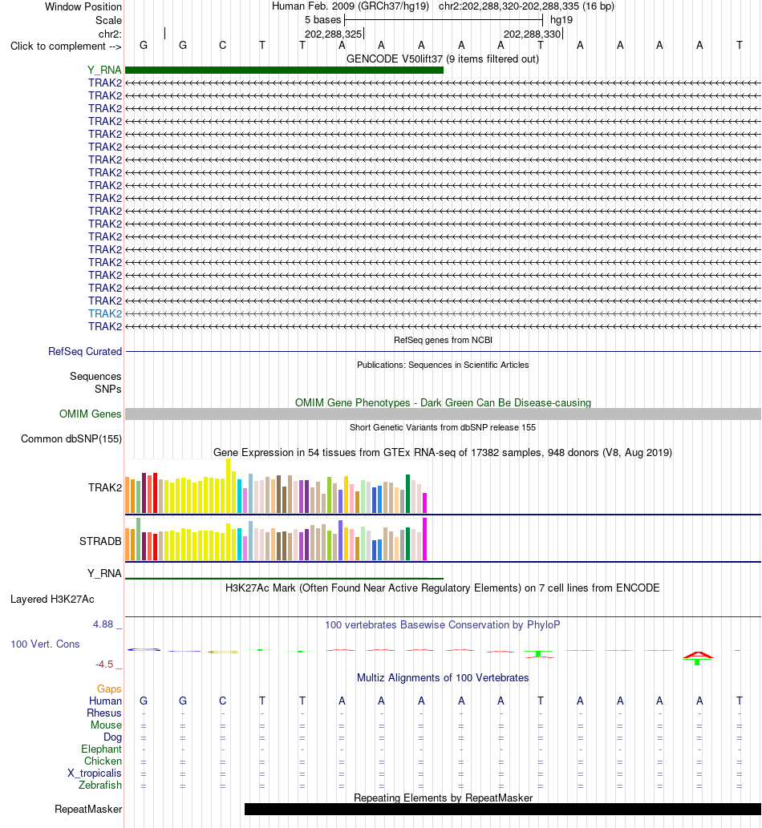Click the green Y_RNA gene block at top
point(284,71)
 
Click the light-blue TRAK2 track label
point(104,313)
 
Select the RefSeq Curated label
point(85,352)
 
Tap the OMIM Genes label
point(91,414)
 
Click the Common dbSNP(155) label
point(71,438)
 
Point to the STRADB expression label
point(100,541)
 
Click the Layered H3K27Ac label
point(52,600)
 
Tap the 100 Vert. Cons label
point(45,644)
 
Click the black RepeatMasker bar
point(503,809)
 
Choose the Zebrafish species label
point(100,786)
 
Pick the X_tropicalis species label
point(94,773)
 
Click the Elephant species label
point(101,749)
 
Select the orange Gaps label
point(109,689)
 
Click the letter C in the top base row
point(222,46)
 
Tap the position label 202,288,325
point(334,34)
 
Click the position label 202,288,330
point(532,34)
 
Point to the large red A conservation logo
point(698,656)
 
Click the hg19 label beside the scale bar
point(561,20)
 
